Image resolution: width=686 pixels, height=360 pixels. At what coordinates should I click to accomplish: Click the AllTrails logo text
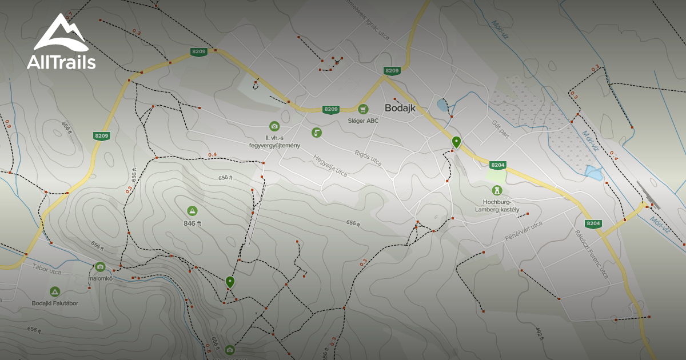tap(61, 62)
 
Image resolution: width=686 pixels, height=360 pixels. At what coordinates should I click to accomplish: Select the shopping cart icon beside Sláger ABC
tap(362, 109)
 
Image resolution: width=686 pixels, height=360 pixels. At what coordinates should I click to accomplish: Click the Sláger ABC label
tap(363, 121)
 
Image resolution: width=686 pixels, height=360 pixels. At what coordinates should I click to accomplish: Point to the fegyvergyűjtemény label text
tap(274, 145)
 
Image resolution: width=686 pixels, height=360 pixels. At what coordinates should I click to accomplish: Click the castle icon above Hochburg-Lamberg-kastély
tap(496, 190)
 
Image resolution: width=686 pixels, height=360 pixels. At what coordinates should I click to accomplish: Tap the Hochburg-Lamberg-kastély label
tap(496, 206)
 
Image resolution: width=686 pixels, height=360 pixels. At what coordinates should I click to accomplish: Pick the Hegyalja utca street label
tap(330, 163)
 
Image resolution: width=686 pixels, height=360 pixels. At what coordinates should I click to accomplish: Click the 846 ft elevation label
tap(192, 223)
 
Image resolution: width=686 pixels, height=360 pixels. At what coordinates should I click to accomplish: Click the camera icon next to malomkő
tap(100, 266)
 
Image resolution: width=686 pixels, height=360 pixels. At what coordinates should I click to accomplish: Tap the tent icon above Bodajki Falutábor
tap(55, 291)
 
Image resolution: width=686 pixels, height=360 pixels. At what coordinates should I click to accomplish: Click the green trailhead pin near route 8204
tap(456, 141)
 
